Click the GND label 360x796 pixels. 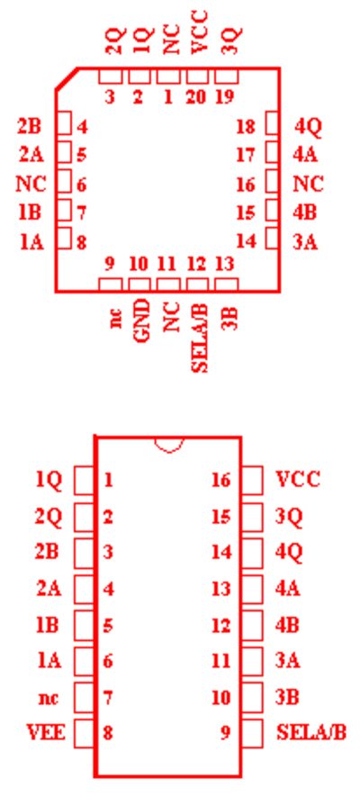click(142, 321)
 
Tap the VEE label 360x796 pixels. click(46, 733)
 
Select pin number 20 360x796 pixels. click(196, 96)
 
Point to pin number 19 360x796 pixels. click(224, 96)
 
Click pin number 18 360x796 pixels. click(246, 126)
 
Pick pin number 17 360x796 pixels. click(246, 155)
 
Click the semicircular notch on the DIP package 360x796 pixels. click(169, 445)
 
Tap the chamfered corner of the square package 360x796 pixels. click(67, 78)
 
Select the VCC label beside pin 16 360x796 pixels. click(298, 479)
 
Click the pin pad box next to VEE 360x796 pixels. click(85, 733)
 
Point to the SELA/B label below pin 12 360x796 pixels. click(201, 337)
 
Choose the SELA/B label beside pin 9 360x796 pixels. click(311, 733)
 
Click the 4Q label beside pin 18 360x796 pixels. click(309, 127)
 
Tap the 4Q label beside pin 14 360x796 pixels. click(289, 552)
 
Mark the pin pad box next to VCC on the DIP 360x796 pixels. click(253, 480)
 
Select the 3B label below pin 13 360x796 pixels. click(230, 315)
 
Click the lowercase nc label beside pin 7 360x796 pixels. click(49, 699)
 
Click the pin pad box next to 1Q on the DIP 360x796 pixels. click(85, 480)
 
